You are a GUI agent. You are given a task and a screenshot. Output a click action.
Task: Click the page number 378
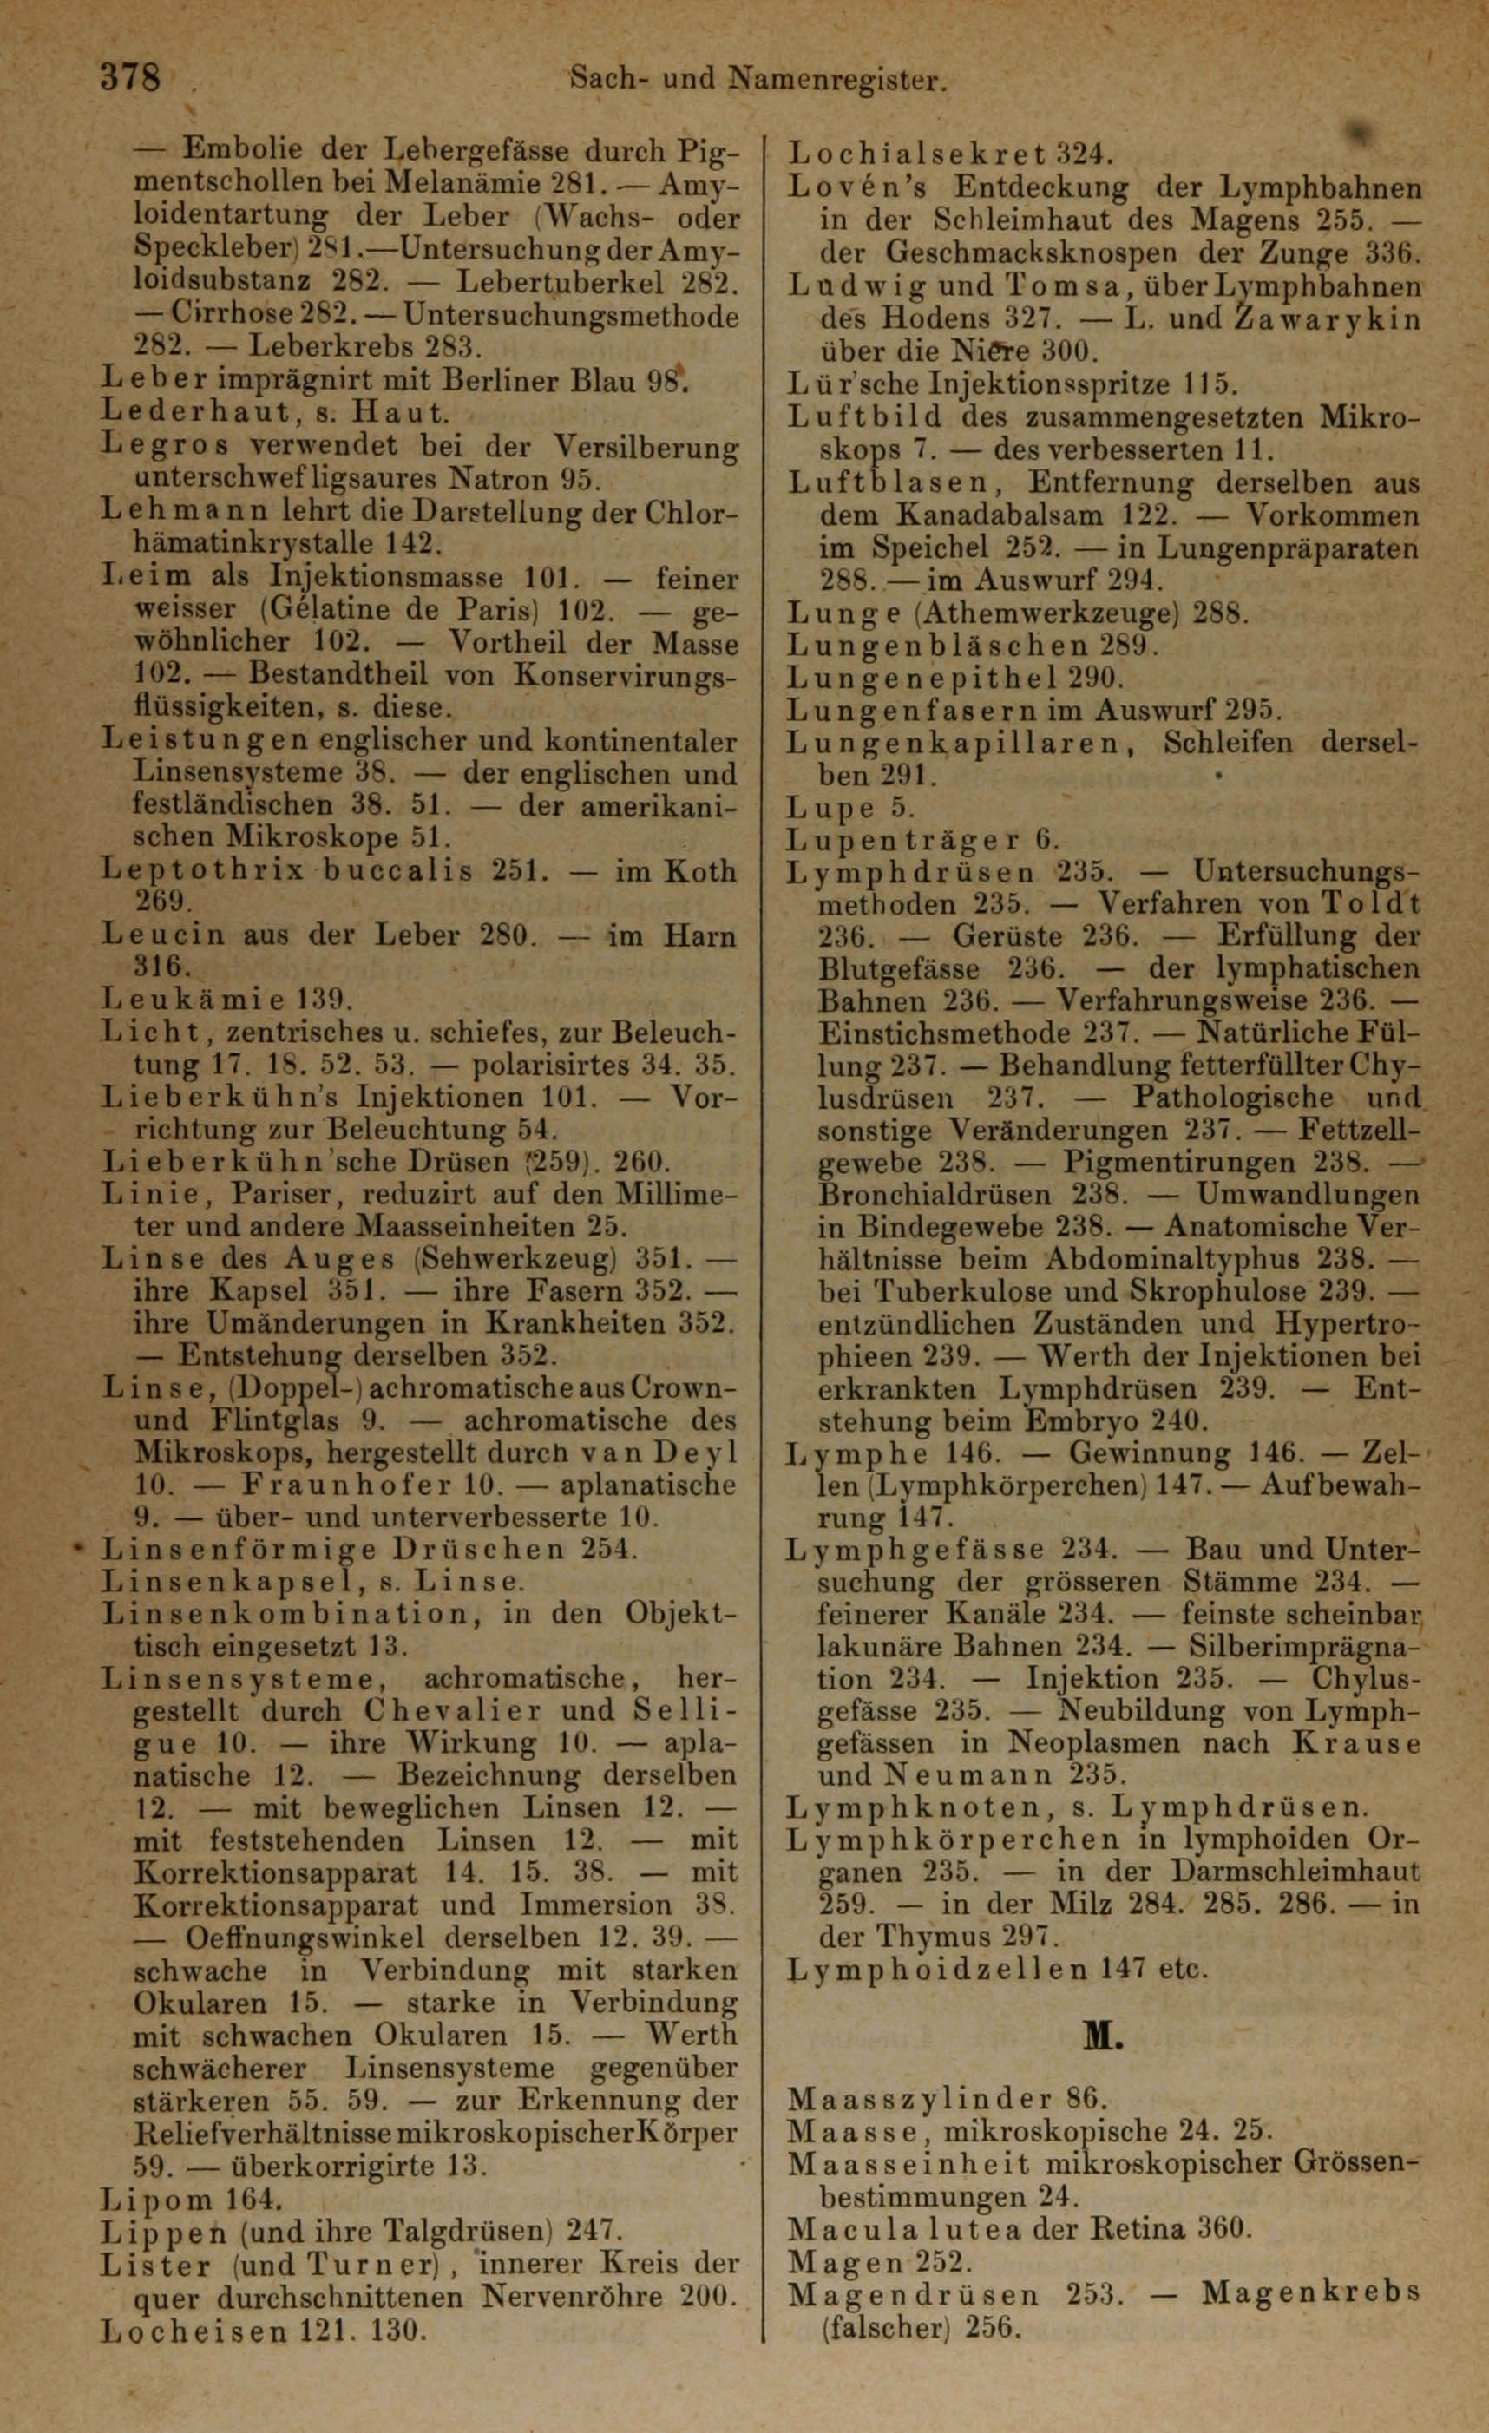(x=129, y=78)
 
